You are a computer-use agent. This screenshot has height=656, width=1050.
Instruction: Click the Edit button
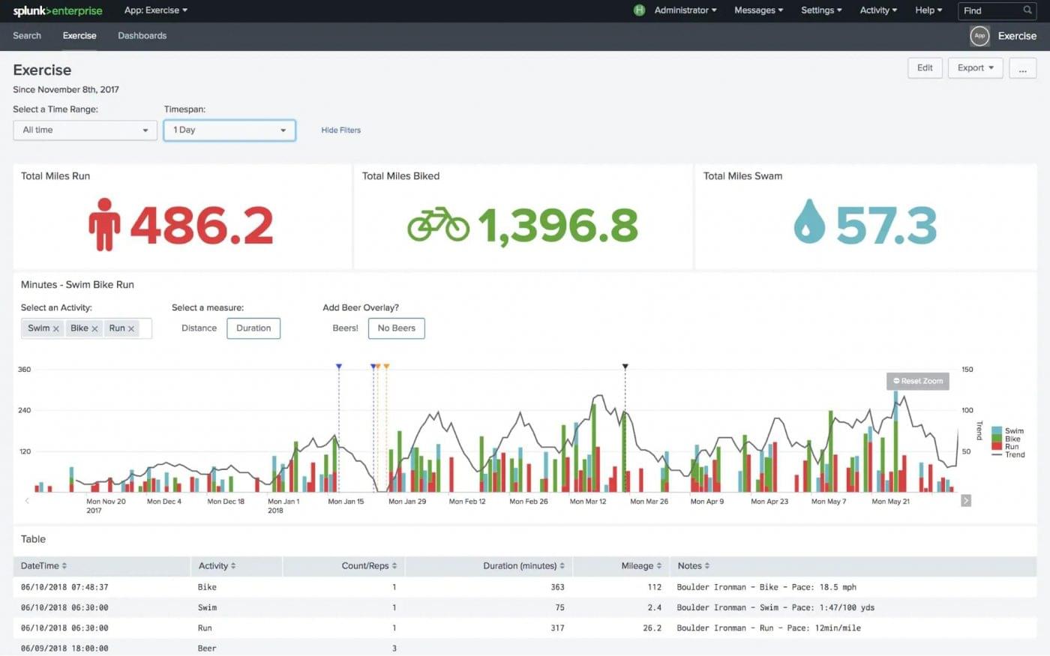(x=925, y=67)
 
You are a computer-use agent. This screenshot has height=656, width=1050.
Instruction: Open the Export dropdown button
(x=975, y=67)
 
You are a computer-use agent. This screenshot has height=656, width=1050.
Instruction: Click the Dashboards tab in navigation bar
(x=142, y=35)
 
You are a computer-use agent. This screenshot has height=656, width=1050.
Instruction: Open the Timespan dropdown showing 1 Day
(x=229, y=130)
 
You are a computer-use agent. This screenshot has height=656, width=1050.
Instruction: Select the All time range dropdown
(x=85, y=130)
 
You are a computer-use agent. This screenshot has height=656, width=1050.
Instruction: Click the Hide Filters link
(x=340, y=130)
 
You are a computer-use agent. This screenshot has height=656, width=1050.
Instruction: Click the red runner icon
(x=104, y=224)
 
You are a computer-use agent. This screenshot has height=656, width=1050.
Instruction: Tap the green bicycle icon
(x=438, y=224)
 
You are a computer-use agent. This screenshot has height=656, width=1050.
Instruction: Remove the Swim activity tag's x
(x=56, y=328)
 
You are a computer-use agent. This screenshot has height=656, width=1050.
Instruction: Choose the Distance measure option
(x=199, y=328)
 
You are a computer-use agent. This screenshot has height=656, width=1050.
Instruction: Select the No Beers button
(x=396, y=328)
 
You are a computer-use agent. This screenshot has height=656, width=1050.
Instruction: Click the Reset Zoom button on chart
(x=918, y=381)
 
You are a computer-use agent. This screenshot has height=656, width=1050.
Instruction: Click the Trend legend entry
(x=1014, y=454)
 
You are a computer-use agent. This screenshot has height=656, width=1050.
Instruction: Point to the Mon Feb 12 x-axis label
(x=466, y=502)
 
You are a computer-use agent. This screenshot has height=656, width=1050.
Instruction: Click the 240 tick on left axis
(x=24, y=410)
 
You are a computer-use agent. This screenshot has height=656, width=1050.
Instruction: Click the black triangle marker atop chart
(x=625, y=367)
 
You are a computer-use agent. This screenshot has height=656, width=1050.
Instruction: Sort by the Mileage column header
(x=641, y=565)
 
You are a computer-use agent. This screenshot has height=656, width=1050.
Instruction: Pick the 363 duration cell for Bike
(x=557, y=587)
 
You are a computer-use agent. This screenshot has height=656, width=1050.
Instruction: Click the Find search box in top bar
(x=990, y=10)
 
